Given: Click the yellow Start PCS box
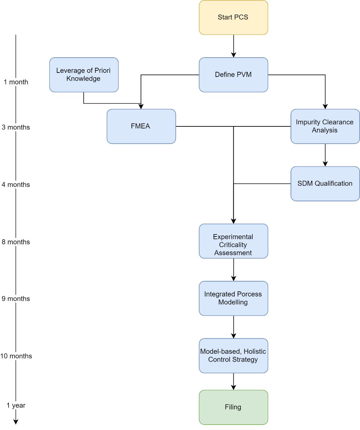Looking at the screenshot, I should tap(233, 17).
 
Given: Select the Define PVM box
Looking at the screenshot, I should tap(233, 75).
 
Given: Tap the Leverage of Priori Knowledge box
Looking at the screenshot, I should tap(84, 75).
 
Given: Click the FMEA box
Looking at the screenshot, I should tap(141, 126).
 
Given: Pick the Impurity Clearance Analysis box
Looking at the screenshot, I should tap(325, 126).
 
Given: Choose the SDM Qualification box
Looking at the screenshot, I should tap(325, 183).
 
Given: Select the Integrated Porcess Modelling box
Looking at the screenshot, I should tap(233, 298).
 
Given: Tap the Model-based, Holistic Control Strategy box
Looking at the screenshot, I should tap(233, 355).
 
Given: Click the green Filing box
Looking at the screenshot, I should tap(233, 407).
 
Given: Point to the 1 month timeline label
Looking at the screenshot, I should tap(16, 82).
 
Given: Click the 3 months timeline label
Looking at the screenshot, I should tap(16, 127).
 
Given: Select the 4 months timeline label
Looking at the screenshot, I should tap(16, 185).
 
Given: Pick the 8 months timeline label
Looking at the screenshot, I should tap(16, 242).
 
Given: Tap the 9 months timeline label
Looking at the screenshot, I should tap(16, 299).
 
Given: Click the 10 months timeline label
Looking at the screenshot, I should tap(16, 356).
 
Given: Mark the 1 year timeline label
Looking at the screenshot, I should tap(16, 405).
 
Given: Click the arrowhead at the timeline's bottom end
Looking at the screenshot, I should tap(16, 422).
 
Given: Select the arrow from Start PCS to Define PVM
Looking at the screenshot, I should tap(234, 46).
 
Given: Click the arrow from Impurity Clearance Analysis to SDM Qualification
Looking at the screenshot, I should tap(325, 155).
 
